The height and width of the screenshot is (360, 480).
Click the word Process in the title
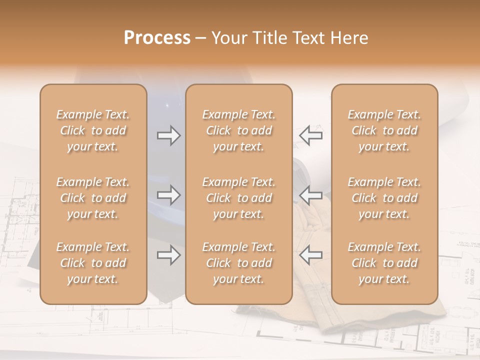(x=157, y=37)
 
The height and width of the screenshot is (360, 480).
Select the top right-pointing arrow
(x=169, y=135)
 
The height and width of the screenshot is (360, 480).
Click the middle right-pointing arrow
(x=169, y=195)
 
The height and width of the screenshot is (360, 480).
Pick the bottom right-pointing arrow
(x=169, y=255)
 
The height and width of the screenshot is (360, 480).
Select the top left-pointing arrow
(x=310, y=135)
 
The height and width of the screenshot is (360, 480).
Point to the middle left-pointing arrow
(x=310, y=195)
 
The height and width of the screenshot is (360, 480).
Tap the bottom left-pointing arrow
(x=310, y=255)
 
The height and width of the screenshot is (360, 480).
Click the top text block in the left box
(x=93, y=130)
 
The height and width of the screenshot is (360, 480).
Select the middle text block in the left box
(x=93, y=198)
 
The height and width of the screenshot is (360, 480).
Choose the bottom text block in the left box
(x=93, y=263)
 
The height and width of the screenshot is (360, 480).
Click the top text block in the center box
(x=239, y=130)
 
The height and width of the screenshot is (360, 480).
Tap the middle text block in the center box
(x=239, y=198)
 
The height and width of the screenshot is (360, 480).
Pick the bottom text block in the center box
(x=239, y=263)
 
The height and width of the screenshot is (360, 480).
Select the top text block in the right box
(x=384, y=130)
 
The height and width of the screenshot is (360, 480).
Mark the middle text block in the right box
(x=384, y=198)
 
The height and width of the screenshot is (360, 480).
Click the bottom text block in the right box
(x=384, y=263)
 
